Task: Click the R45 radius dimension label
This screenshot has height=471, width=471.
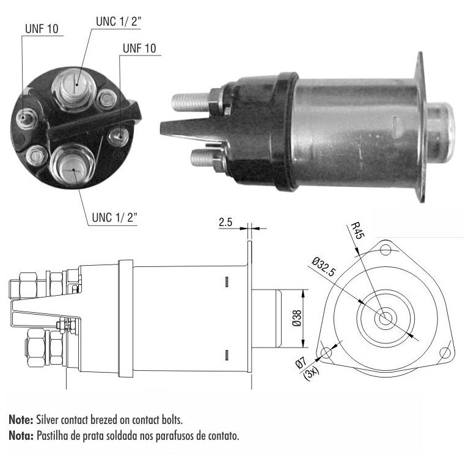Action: tap(357, 230)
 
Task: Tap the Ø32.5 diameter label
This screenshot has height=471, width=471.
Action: tap(324, 266)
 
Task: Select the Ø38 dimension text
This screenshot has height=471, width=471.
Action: tap(296, 318)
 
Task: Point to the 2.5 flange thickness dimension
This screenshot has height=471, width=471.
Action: tap(225, 222)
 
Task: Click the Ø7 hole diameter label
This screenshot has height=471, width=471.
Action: tap(301, 363)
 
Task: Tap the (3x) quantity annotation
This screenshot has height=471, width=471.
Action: tap(311, 374)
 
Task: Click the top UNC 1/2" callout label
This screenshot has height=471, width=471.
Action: tap(119, 21)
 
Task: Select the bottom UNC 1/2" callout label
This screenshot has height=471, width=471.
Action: tap(115, 217)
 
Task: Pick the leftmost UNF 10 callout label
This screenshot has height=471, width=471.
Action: tap(42, 29)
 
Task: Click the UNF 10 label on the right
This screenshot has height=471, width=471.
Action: tap(139, 48)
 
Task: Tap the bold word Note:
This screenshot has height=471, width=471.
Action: tap(21, 420)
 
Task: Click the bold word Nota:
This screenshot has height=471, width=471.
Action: tap(21, 436)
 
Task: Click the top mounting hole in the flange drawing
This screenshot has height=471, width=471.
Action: tap(385, 250)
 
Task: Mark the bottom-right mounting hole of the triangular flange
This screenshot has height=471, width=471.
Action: tap(445, 352)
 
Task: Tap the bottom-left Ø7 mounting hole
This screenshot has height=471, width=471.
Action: tap(326, 352)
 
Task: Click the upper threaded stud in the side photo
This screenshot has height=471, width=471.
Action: tap(190, 101)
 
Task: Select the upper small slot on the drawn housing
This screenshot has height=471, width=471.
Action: tap(227, 282)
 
